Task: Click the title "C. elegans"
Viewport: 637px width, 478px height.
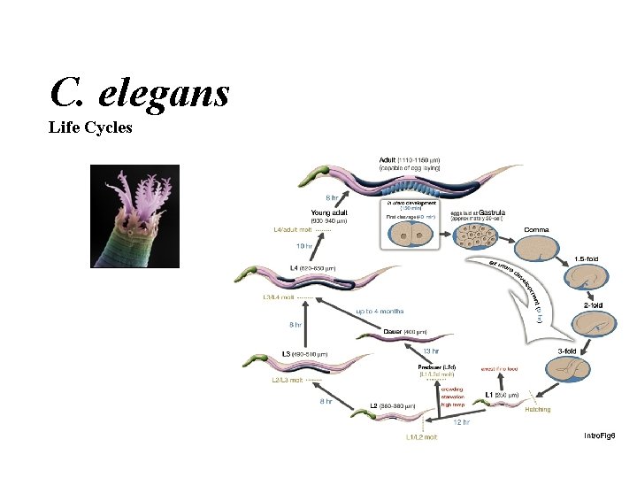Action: coord(140,90)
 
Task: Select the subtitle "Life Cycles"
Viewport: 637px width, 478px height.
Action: coord(90,127)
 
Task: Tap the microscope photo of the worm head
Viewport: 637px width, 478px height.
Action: coord(135,216)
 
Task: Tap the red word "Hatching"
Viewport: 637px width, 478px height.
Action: coord(537,409)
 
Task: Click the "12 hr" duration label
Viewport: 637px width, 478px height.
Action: coord(461,422)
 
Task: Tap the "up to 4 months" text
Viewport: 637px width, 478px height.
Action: coord(380,312)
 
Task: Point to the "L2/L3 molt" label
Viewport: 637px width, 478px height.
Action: coord(288,380)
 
